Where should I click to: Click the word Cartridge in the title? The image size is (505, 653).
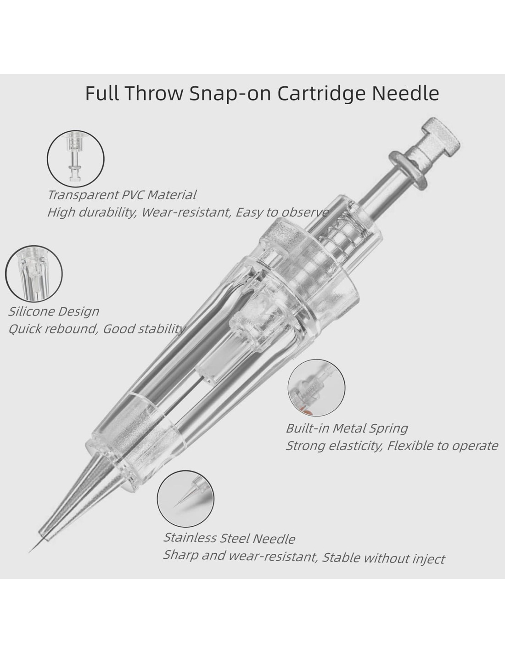(321, 93)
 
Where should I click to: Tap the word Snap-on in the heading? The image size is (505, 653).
(232, 93)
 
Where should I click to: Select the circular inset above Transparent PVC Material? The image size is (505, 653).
(76, 158)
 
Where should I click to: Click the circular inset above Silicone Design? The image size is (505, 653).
(34, 274)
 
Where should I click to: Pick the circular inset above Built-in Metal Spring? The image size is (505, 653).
(316, 388)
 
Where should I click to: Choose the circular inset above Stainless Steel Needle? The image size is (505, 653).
(185, 498)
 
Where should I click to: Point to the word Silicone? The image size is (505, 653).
(31, 311)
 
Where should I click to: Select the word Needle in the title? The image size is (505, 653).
(405, 93)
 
